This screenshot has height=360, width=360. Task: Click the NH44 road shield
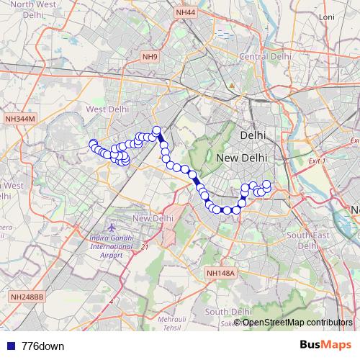[x=184, y=13]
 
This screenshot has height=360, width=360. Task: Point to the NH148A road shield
[x=220, y=273]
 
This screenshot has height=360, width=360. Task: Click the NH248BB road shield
[x=27, y=296]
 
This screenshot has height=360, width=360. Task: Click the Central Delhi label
[x=264, y=56]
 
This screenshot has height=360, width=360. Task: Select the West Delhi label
[x=107, y=109]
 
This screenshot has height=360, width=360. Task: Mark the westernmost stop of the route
[x=93, y=143]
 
